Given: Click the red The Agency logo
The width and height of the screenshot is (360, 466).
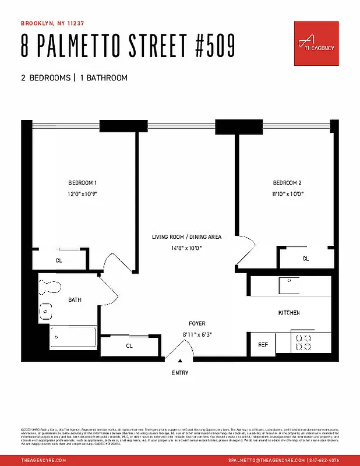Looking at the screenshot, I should pyautogui.click(x=316, y=44).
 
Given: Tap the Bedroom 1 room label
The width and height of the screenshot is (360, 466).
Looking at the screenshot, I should pyautogui.click(x=82, y=182).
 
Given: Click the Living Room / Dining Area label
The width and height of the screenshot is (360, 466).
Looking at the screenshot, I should pyautogui.click(x=186, y=237).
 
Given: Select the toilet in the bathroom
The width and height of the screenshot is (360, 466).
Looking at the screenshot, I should pyautogui.click(x=51, y=287).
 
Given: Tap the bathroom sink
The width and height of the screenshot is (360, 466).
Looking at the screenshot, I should pyautogui.click(x=45, y=311).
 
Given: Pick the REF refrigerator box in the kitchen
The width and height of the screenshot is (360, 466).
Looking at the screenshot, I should pyautogui.click(x=262, y=344).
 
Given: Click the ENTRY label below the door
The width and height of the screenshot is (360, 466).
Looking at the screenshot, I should pyautogui.click(x=180, y=373).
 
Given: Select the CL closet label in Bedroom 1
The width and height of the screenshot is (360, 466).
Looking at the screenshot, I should pyautogui.click(x=59, y=260).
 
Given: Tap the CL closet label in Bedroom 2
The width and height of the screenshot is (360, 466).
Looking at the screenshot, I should pyautogui.click(x=305, y=259).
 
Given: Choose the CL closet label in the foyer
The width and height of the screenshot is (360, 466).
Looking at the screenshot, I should pyautogui.click(x=130, y=345).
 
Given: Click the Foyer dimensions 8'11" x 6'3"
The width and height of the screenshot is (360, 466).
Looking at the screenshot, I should pyautogui.click(x=196, y=334).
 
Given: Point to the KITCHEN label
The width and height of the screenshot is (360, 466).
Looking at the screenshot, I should pyautogui.click(x=288, y=313).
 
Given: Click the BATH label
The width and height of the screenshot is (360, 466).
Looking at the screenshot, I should pyautogui.click(x=75, y=300).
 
